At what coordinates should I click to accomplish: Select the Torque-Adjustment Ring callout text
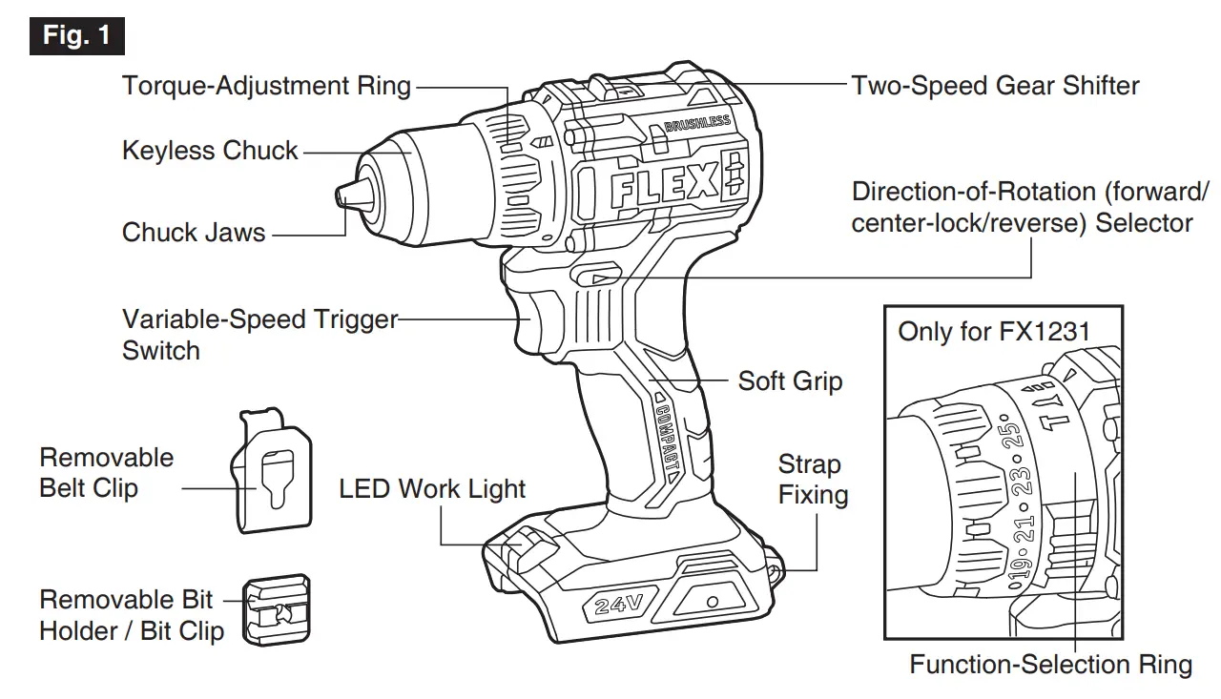coord(266,86)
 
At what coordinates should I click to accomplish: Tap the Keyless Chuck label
coord(210,151)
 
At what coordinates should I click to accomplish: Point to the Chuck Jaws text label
coord(194,233)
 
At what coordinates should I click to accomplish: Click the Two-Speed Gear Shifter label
coord(995,86)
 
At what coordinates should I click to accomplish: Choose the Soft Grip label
coord(790,381)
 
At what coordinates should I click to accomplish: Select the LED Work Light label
coord(432,489)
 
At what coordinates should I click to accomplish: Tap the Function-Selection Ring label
coord(1050,664)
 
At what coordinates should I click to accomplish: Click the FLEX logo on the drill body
coord(662,185)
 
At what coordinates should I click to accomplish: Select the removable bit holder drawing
coord(277,609)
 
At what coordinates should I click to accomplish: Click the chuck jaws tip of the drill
coord(345,195)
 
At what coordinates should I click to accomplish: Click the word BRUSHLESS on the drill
coord(696,125)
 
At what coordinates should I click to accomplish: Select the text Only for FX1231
coord(993,333)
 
